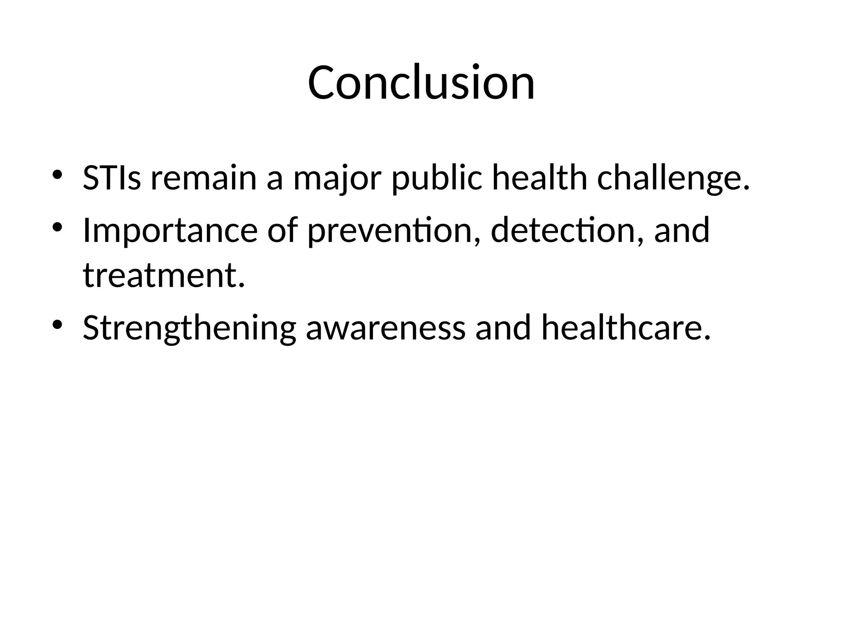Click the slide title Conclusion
click(x=421, y=82)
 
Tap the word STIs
click(x=112, y=178)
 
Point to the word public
click(x=436, y=179)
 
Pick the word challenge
click(x=673, y=179)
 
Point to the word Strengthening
click(x=189, y=328)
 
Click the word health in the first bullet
click(x=539, y=178)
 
